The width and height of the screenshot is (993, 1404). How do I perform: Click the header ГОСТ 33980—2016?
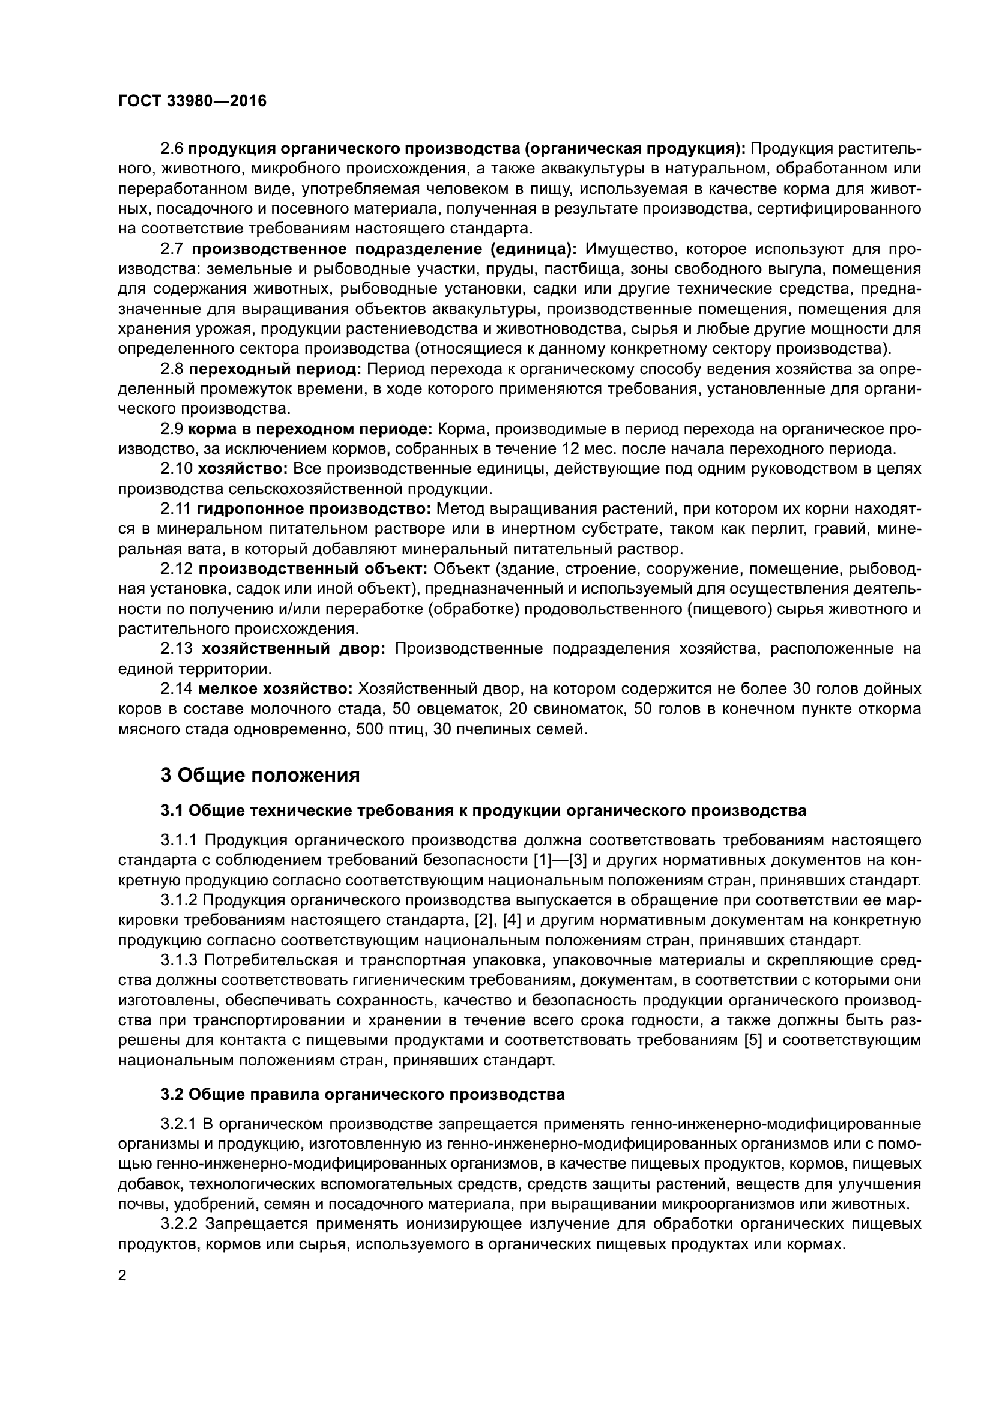pos(192,101)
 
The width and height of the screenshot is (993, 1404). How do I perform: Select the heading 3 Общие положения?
pos(261,776)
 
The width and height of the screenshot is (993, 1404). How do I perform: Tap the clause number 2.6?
pos(172,149)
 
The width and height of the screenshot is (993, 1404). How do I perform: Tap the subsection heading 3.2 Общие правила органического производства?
pos(363,1095)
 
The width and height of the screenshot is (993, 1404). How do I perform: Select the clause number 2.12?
pos(176,568)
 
